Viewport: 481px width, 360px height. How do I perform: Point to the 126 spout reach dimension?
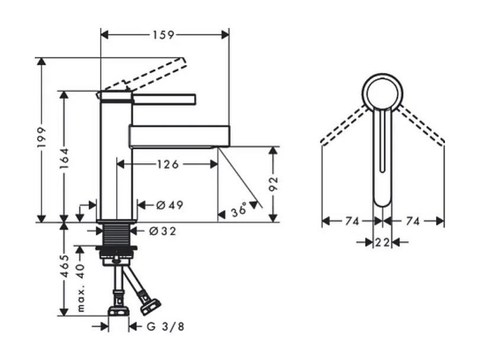click(x=167, y=164)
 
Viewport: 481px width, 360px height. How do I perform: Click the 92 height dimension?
click(x=273, y=184)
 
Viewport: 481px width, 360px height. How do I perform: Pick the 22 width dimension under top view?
click(x=382, y=242)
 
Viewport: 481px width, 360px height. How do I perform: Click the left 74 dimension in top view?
click(x=352, y=221)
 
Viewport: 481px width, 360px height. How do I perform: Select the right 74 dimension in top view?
click(x=413, y=221)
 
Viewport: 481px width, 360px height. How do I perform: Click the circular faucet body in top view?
click(x=383, y=92)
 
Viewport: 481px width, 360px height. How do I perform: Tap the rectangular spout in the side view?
click(x=179, y=135)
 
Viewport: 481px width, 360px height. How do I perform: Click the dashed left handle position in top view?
click(x=344, y=124)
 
